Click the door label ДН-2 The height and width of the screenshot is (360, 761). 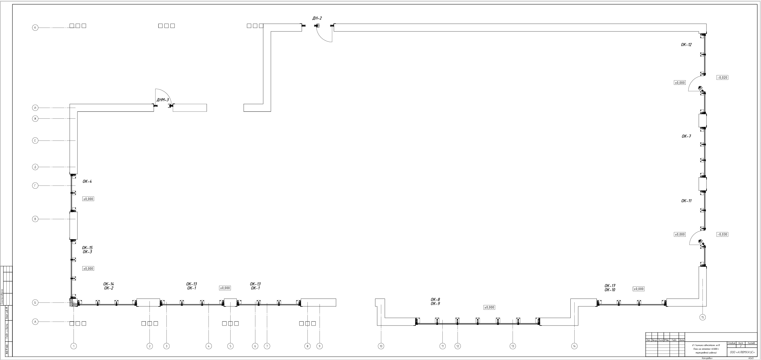tap(317, 18)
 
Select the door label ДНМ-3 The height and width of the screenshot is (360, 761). tap(162, 100)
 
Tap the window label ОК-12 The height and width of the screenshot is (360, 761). tap(686, 45)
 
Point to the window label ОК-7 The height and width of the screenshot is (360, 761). tap(686, 137)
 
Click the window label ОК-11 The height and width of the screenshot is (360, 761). tap(686, 201)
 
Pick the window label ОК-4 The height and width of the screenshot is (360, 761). tap(87, 182)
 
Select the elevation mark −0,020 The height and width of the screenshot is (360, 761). tap(722, 78)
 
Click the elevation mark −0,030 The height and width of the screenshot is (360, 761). tap(722, 235)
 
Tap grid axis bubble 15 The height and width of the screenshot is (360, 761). tap(703, 317)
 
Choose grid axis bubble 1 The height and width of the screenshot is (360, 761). tap(74, 346)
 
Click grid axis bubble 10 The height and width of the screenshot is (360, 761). tap(381, 346)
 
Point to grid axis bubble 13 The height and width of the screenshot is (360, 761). tap(513, 346)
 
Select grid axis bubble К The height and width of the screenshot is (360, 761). tap(35, 28)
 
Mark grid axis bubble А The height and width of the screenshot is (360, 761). tap(35, 322)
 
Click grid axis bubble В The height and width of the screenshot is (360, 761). tap(35, 219)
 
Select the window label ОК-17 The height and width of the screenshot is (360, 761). tap(610, 286)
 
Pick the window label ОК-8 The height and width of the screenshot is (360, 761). tap(435, 300)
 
